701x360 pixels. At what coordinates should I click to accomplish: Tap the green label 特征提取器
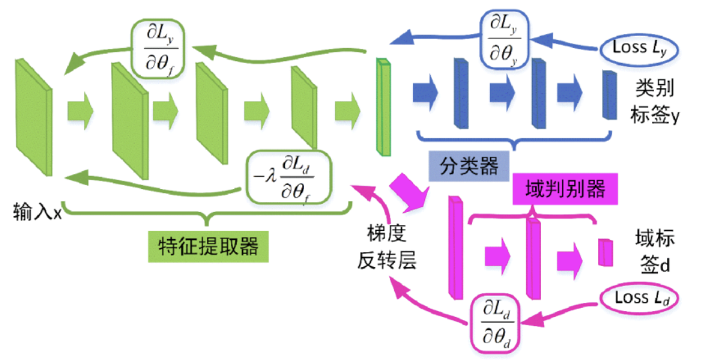point(203,244)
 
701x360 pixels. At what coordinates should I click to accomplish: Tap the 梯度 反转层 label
point(387,248)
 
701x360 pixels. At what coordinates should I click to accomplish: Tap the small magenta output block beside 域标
point(603,252)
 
